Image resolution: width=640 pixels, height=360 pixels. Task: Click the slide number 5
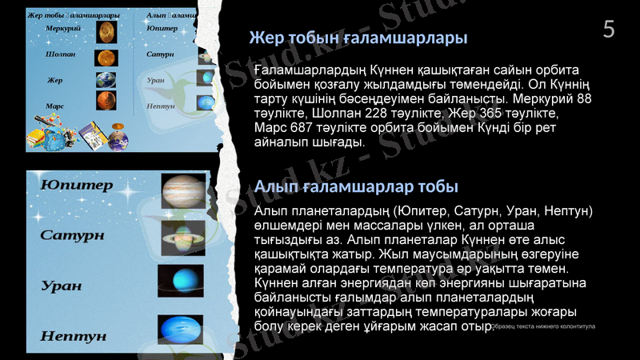tap(609, 30)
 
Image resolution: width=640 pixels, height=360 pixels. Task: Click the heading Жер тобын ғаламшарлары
tap(358, 38)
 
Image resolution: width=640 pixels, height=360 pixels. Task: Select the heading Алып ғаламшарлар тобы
tap(356, 186)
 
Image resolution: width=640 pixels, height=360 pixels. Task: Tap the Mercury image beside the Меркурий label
tap(106, 32)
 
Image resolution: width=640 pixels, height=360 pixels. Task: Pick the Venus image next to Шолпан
tap(106, 58)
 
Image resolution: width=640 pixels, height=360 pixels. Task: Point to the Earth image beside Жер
tap(106, 80)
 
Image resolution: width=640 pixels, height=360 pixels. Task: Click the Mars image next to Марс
tap(106, 101)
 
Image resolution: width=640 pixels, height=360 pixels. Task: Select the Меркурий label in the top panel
tap(62, 28)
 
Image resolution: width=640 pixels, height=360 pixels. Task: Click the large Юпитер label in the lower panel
tap(77, 186)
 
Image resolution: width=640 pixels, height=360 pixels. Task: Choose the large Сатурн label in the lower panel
tap(72, 235)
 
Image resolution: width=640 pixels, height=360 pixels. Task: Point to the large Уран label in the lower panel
tap(62, 285)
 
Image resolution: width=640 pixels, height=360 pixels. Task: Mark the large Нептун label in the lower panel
tap(73, 336)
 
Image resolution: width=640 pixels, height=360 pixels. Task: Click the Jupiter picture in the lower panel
tap(183, 191)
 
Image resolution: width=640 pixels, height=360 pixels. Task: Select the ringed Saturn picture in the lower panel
tap(183, 237)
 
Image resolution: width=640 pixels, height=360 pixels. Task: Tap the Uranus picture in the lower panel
tap(181, 281)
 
